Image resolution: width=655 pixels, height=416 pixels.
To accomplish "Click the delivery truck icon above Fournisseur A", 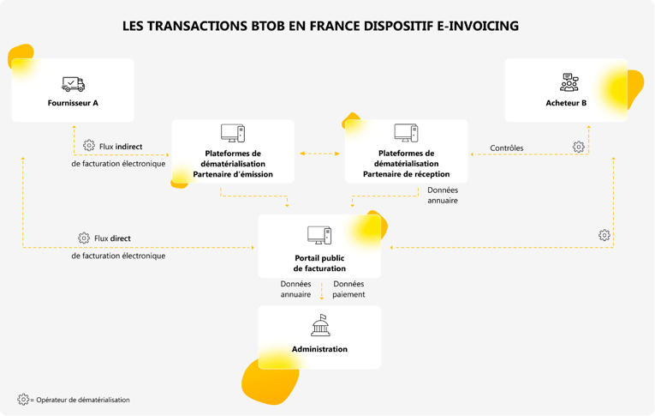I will pos(73,84).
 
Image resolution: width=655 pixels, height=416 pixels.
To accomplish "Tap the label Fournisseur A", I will pos(73,103).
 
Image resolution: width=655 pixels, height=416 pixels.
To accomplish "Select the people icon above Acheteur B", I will pos(569,83).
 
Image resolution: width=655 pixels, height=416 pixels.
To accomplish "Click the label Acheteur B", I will pos(566,103).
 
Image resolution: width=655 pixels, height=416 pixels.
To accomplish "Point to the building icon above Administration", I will pos(319,326).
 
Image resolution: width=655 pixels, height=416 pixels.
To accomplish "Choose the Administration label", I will pos(319,349).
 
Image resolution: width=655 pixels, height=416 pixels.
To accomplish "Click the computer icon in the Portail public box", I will pos(319,234).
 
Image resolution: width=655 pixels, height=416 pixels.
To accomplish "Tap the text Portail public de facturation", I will pos(319,262).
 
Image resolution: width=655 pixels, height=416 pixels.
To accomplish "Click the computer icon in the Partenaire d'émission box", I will pos(233,133).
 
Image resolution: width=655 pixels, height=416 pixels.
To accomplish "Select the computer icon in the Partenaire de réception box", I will pos(406,133).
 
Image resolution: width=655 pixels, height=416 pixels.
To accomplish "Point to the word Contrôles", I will pos(507,148).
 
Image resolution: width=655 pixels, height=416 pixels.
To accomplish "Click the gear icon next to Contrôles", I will pos(579,147).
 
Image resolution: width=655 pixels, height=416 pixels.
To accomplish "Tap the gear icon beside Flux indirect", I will pos(89,146).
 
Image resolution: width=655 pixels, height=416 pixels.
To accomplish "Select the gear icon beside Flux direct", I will pos(84,238).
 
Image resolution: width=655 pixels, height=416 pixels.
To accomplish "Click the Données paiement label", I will pos(348,289).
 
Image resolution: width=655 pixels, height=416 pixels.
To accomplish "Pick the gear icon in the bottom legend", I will pos(23,399).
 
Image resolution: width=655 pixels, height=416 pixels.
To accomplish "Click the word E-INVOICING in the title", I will pos(476,27).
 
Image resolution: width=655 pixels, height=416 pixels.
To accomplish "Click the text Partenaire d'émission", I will pos(233,174).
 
